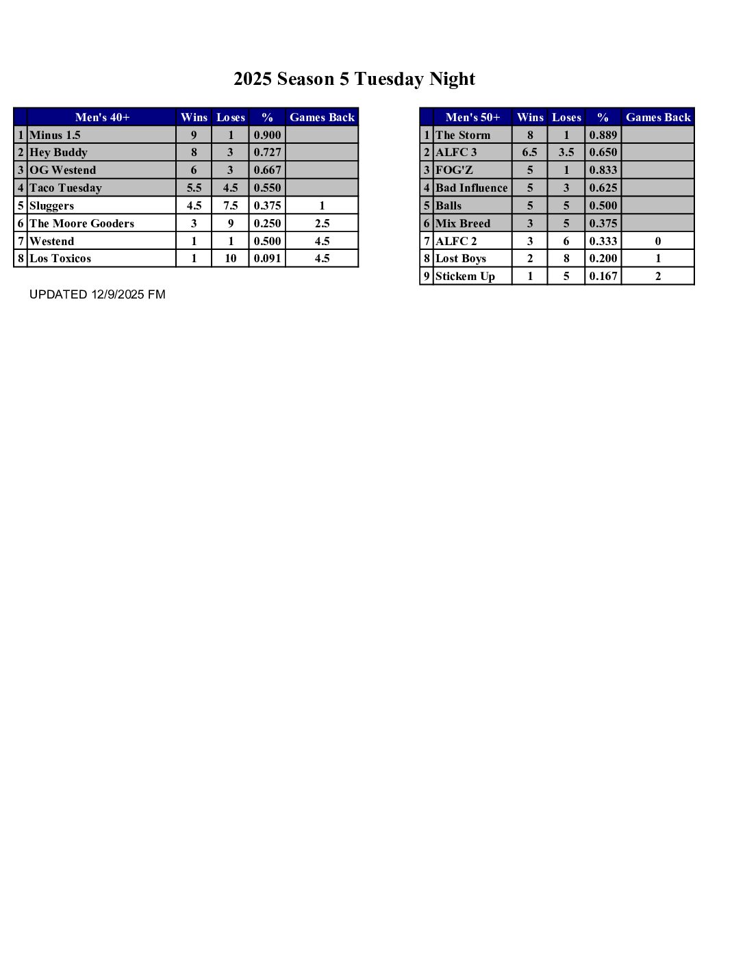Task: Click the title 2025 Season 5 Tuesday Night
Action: click(354, 79)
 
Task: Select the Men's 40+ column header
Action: click(102, 117)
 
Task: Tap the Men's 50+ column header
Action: click(472, 117)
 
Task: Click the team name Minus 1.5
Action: click(55, 135)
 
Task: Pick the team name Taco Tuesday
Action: click(66, 188)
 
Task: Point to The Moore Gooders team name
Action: click(81, 223)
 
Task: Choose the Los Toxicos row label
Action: click(60, 258)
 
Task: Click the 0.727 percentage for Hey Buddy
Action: click(267, 152)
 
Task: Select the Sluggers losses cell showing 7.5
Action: click(230, 205)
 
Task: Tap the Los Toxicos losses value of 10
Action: click(230, 258)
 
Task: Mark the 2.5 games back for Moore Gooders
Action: click(322, 223)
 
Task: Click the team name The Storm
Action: click(463, 135)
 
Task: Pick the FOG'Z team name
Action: click(454, 170)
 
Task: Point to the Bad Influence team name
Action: click(472, 188)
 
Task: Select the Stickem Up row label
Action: click(465, 276)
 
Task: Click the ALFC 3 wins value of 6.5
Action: click(529, 152)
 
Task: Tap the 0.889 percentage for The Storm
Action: click(603, 135)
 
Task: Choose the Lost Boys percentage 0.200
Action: click(603, 258)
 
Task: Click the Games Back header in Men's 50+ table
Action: click(658, 117)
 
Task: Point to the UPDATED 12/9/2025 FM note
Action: click(97, 294)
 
